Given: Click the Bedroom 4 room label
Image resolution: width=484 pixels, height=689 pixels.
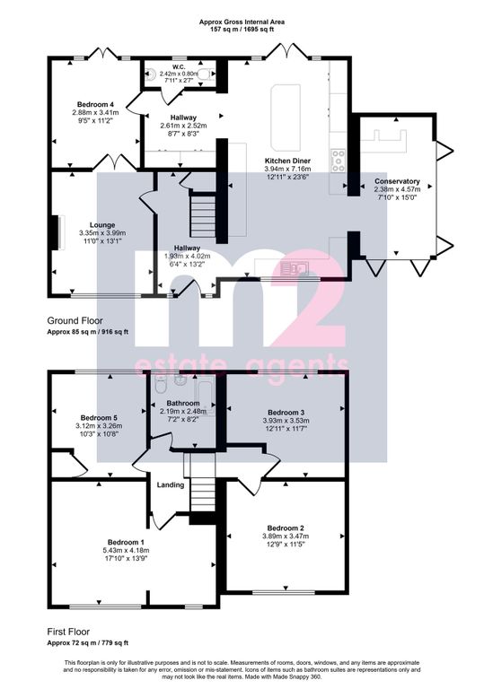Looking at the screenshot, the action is pyautogui.click(x=95, y=105).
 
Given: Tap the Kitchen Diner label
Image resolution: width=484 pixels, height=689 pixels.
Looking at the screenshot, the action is pyautogui.click(x=287, y=161).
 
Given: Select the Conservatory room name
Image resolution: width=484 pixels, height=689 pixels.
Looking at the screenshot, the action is pyautogui.click(x=397, y=181).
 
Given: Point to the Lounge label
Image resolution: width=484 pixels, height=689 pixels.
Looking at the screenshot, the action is pyautogui.click(x=102, y=225).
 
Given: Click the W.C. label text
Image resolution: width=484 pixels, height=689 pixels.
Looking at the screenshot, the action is pyautogui.click(x=179, y=67).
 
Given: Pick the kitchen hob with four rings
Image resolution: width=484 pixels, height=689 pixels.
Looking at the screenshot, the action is pyautogui.click(x=339, y=161).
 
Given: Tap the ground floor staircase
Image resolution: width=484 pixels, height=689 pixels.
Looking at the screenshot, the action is pyautogui.click(x=203, y=216).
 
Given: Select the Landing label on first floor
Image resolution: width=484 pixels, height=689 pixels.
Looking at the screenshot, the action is pyautogui.click(x=171, y=485).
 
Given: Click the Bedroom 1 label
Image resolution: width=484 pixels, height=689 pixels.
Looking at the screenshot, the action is pyautogui.click(x=126, y=542).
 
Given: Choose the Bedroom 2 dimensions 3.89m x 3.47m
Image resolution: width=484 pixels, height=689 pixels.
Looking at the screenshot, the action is pyautogui.click(x=286, y=536).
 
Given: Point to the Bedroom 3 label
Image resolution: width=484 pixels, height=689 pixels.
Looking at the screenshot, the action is pyautogui.click(x=286, y=413).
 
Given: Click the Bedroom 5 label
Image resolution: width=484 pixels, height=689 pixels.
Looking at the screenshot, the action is pyautogui.click(x=99, y=418).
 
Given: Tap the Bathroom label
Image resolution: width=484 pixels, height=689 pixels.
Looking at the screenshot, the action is pyautogui.click(x=183, y=403).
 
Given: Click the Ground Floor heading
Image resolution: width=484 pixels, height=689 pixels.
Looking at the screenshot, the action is pyautogui.click(x=75, y=320).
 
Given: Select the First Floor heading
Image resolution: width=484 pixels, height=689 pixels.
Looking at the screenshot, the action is pyautogui.click(x=68, y=632).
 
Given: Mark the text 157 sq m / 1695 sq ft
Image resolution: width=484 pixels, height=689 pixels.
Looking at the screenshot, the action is pyautogui.click(x=242, y=29).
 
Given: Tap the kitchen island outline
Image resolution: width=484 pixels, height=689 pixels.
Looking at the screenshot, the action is pyautogui.click(x=286, y=118).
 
